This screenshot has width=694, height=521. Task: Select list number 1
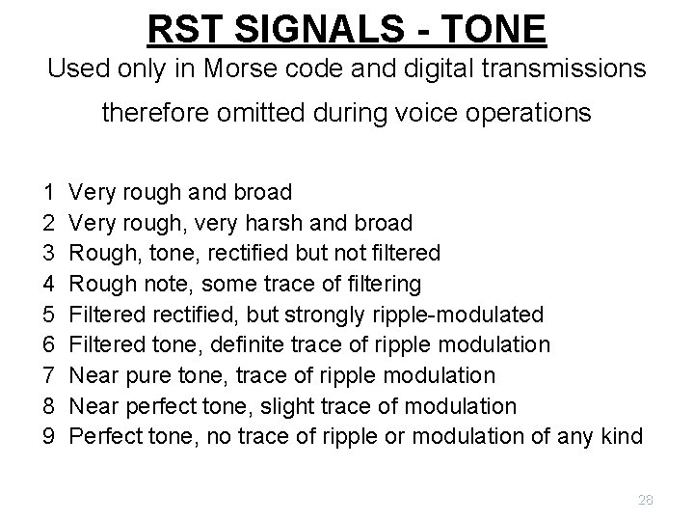point(48,192)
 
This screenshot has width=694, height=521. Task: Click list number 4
point(48,284)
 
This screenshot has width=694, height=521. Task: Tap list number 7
point(48,375)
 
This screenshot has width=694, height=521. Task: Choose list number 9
point(48,436)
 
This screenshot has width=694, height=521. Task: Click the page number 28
point(645,499)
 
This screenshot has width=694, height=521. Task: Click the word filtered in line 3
point(403,253)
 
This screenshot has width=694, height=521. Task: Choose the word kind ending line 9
point(619,436)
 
